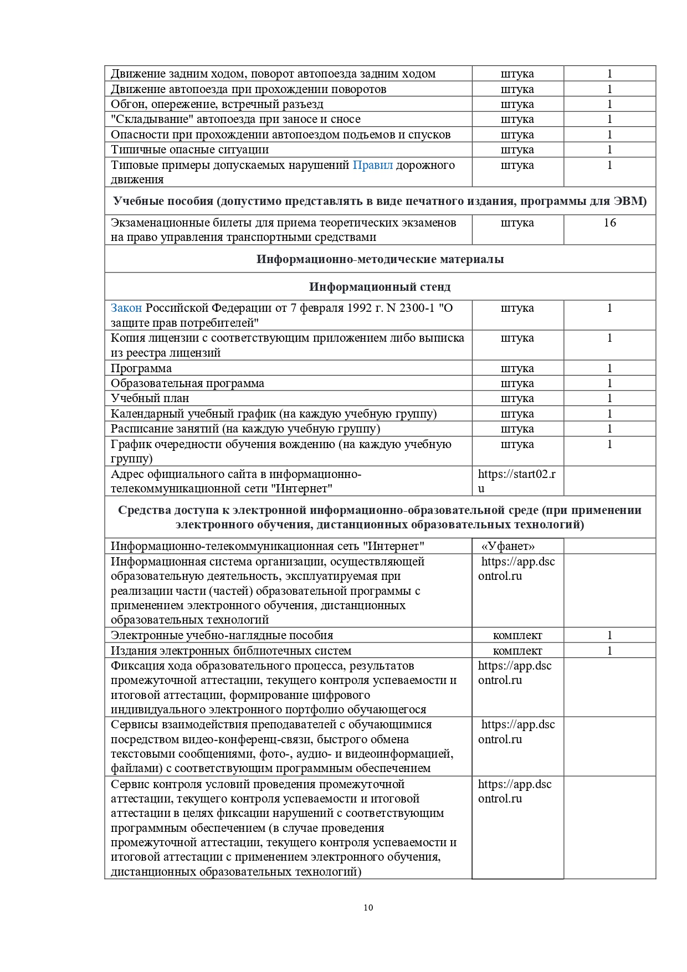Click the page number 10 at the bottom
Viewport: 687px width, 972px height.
tap(368, 907)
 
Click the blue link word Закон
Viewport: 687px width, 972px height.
tap(126, 308)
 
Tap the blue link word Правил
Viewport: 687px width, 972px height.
tap(373, 165)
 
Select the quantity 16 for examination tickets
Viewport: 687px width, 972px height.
tap(609, 223)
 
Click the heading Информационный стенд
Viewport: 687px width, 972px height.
tap(380, 287)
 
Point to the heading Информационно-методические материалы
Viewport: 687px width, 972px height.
tap(380, 259)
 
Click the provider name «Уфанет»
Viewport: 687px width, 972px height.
tap(508, 546)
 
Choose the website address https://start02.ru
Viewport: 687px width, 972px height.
tap(516, 481)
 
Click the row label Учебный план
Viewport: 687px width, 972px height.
tap(150, 398)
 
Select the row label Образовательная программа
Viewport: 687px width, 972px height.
tap(187, 383)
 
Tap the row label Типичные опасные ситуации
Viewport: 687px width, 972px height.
tap(189, 150)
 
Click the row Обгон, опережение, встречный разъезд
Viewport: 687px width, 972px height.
tap(217, 104)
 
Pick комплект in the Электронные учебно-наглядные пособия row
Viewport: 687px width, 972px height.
tap(517, 635)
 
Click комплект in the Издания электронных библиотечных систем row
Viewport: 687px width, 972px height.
tap(517, 651)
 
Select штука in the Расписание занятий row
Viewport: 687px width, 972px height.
tap(517, 429)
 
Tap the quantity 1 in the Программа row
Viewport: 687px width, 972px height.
tap(609, 368)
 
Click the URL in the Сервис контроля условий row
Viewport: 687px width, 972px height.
tap(515, 791)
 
